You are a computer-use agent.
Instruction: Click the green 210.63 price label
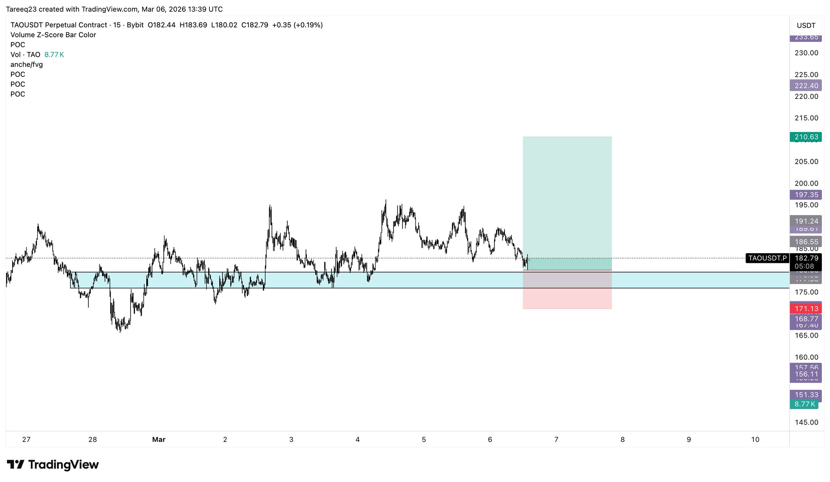point(806,137)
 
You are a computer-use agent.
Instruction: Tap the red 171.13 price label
point(806,309)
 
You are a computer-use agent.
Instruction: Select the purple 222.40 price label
point(806,85)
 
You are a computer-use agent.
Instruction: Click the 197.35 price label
point(806,195)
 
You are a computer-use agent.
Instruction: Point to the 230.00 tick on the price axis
point(806,53)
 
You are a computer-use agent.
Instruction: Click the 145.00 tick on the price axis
point(806,422)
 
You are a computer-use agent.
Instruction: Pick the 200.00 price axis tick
point(806,183)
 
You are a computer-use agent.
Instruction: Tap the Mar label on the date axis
point(159,439)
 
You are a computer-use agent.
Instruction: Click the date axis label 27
point(26,439)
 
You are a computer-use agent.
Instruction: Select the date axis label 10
point(755,439)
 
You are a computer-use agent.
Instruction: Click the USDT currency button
point(806,26)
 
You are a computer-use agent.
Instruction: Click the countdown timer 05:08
point(804,266)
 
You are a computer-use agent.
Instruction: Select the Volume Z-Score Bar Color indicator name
point(53,35)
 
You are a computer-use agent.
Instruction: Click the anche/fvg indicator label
point(27,64)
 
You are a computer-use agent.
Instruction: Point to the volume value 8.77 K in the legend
point(54,55)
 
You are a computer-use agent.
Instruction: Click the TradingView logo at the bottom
point(53,465)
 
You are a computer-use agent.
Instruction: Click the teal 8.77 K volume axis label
point(804,404)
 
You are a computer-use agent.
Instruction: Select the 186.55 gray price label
point(806,242)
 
